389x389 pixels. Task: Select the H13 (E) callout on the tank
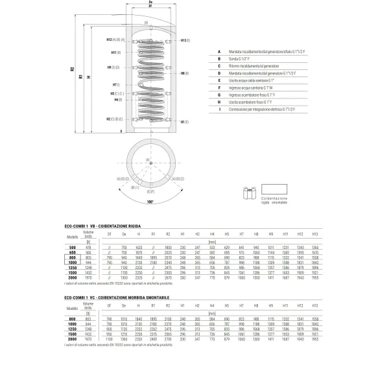click(x=183, y=40)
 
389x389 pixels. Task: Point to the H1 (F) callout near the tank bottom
click(x=183, y=122)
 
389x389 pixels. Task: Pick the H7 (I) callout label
click(x=116, y=85)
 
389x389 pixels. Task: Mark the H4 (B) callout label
click(x=118, y=100)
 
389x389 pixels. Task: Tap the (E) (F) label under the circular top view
click(x=149, y=191)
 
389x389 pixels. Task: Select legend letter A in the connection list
click(x=220, y=51)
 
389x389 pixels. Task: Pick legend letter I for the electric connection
click(x=220, y=110)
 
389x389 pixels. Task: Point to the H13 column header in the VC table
click(x=315, y=305)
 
